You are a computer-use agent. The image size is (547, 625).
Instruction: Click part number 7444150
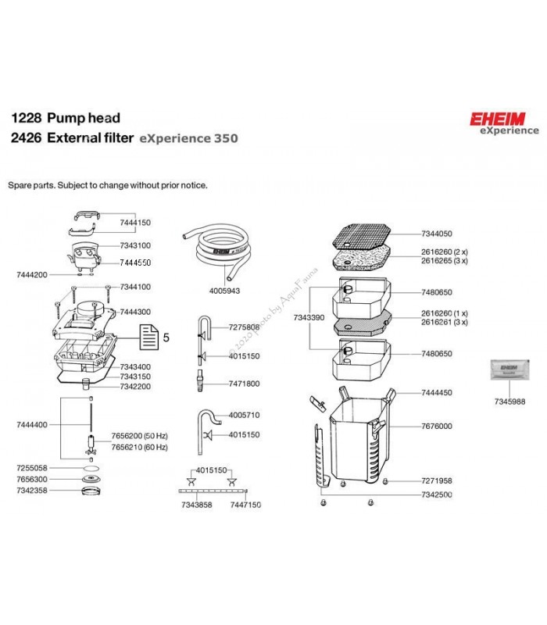coord(135,223)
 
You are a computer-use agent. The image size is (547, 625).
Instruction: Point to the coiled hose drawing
coord(215,246)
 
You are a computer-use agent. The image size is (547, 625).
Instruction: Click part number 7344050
coord(436,234)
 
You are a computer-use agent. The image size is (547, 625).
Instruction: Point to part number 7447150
coord(245,505)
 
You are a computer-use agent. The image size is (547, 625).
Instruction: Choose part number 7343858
coord(195,505)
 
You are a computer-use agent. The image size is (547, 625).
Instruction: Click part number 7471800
coord(244,384)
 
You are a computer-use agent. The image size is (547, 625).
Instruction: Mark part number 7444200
coord(31,275)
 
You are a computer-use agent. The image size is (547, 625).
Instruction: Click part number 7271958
coord(436,481)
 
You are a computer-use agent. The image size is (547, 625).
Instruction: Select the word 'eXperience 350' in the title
coord(188,139)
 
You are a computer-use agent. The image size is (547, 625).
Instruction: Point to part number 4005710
coord(245,415)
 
